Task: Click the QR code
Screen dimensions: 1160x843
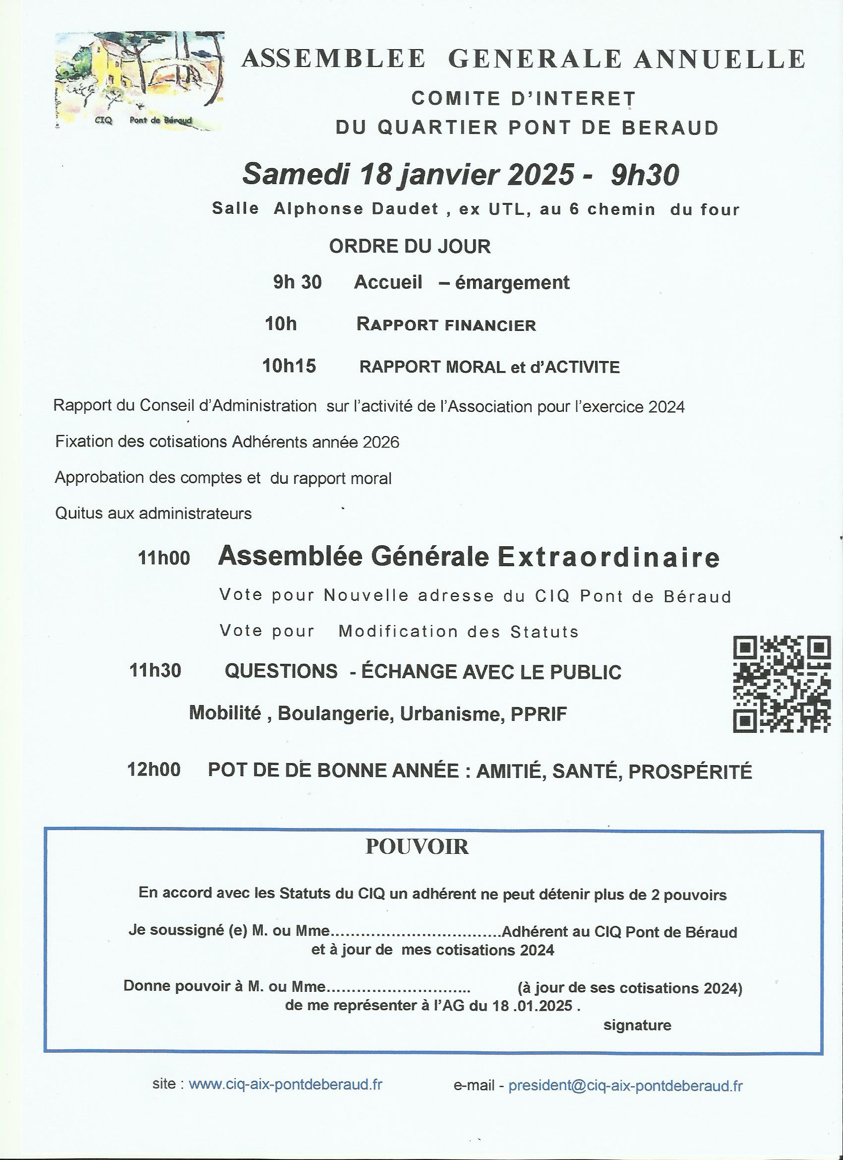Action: [782, 684]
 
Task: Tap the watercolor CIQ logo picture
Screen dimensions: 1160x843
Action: [139, 80]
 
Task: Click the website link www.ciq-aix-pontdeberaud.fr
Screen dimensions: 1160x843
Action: [285, 1085]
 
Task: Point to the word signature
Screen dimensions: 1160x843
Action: [637, 1025]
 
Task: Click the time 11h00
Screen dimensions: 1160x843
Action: [164, 558]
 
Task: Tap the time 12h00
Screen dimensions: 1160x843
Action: [154, 770]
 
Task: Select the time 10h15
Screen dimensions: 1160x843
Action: [289, 366]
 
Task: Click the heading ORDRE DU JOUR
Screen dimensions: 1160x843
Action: [410, 247]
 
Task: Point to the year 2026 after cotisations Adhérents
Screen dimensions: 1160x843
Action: [380, 442]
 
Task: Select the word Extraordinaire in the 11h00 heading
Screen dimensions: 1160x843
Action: [609, 557]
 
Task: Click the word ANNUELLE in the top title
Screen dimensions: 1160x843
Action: [720, 59]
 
